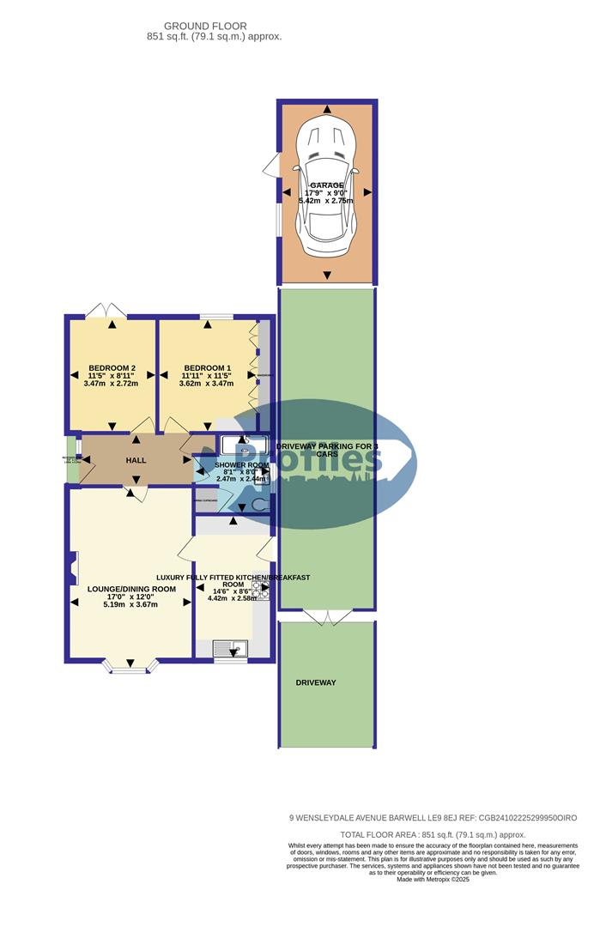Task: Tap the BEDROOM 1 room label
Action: coord(206,367)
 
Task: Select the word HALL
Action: coord(136,461)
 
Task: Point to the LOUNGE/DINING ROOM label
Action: coord(131,590)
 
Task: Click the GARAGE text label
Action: coord(327,185)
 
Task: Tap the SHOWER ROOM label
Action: coord(241,464)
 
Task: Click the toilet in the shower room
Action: coord(257,506)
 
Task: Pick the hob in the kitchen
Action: coord(260,590)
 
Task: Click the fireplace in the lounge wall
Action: coord(70,566)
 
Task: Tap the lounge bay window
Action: coord(130,666)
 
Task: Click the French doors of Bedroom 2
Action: coord(111,310)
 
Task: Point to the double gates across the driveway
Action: coord(327,615)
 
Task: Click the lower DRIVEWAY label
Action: coord(316,682)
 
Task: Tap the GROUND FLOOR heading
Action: coord(214,27)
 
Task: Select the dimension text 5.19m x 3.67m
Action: coord(131,604)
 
